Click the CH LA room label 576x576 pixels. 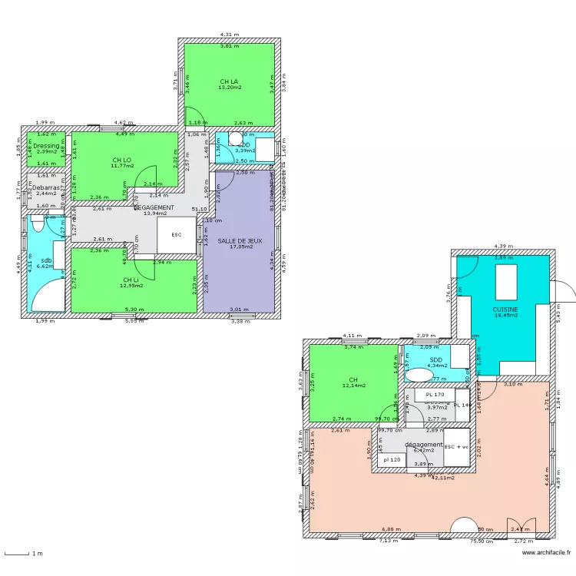228,81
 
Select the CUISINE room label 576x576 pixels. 505,310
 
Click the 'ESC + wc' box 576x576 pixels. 456,446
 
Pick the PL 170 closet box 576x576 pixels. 435,394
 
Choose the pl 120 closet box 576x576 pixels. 392,460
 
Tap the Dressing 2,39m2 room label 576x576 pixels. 46,145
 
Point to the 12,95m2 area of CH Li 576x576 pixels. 131,286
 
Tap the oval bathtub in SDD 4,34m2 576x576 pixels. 419,375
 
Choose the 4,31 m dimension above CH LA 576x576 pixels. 229,35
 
